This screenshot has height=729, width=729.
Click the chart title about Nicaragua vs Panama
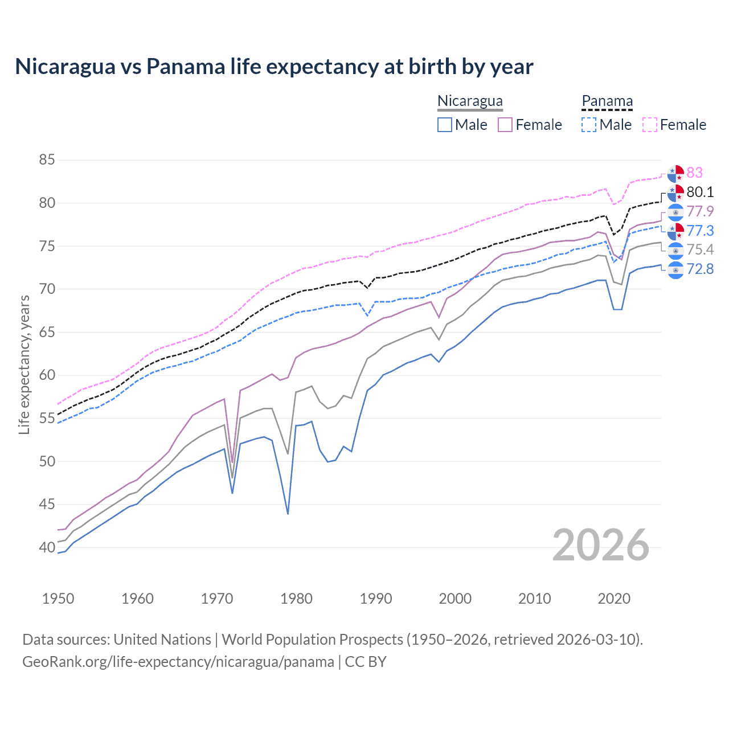[x=274, y=67]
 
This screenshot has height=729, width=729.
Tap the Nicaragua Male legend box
[x=445, y=125]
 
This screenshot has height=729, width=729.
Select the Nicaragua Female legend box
[x=505, y=125]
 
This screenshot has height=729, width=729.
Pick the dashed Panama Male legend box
[x=589, y=125]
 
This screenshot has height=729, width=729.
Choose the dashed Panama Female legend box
[x=650, y=125]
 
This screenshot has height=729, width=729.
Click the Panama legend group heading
[x=607, y=101]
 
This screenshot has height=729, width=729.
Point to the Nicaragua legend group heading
[x=470, y=101]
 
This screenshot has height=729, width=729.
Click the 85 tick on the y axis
[x=47, y=160]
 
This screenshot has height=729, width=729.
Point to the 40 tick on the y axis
[x=47, y=547]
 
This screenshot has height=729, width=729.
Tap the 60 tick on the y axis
[x=47, y=375]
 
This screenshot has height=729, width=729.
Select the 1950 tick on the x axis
[x=58, y=599]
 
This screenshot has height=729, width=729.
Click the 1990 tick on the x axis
[x=376, y=599]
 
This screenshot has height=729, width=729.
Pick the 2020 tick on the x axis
[x=614, y=599]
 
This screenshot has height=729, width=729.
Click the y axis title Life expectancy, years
[x=24, y=364]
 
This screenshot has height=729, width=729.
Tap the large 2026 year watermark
[x=601, y=546]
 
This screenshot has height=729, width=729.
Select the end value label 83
[x=694, y=173]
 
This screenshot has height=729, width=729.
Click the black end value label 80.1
[x=700, y=192]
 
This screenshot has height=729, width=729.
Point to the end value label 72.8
[x=700, y=269]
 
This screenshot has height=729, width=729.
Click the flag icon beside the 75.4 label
[x=675, y=250]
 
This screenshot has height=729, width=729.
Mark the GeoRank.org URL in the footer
[x=178, y=662]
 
